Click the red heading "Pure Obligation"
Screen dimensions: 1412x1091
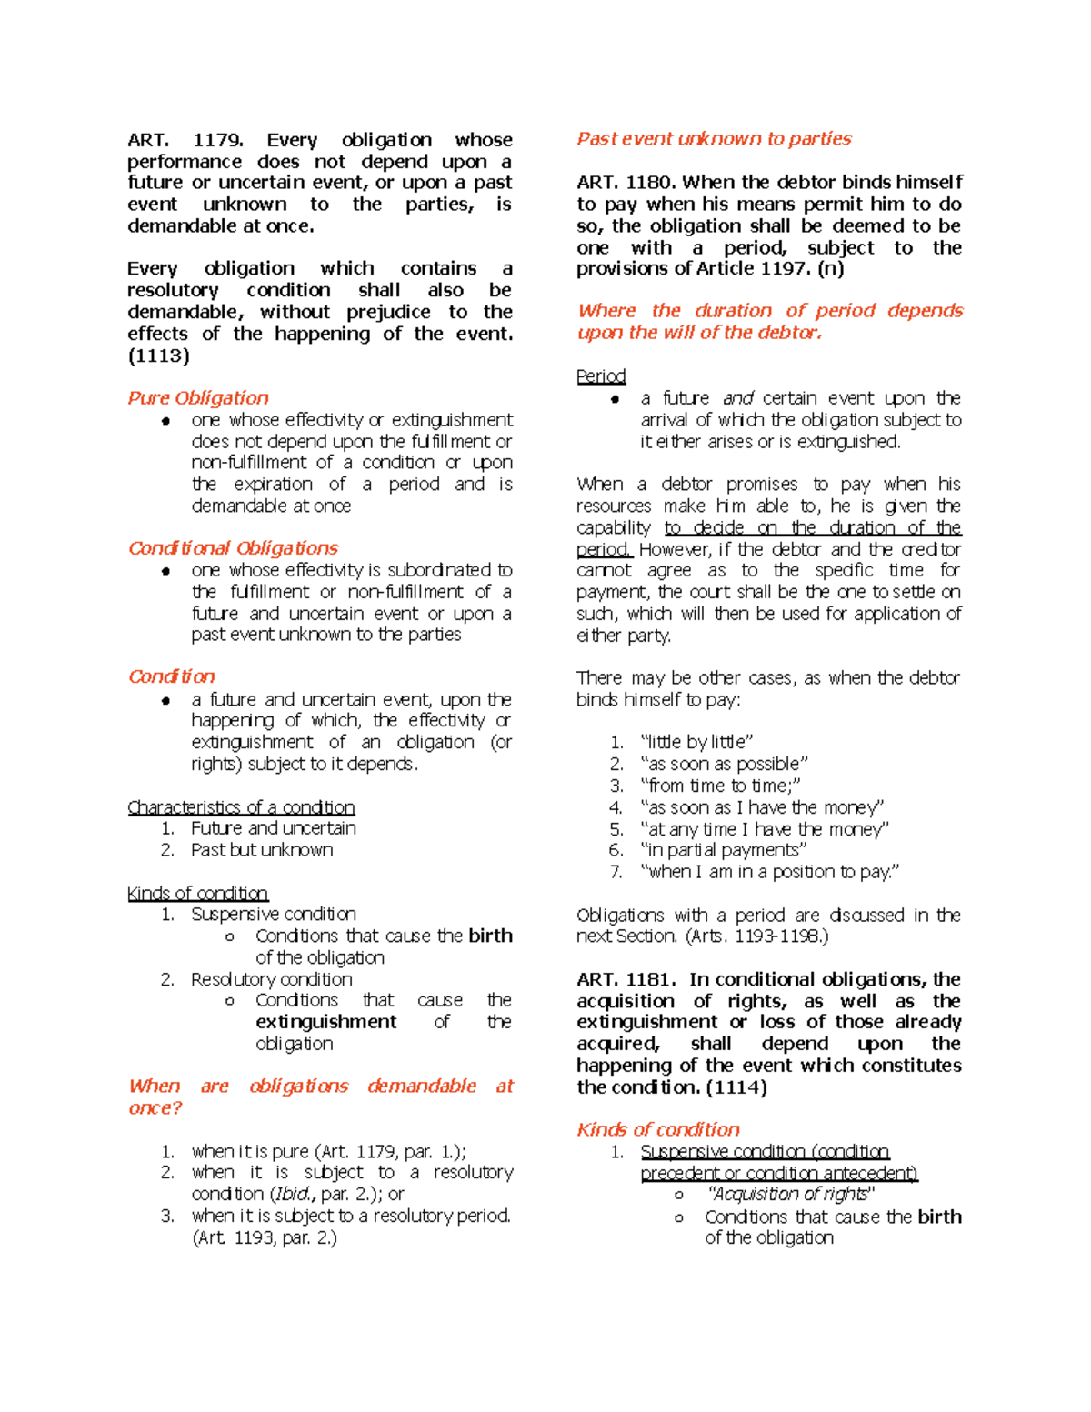click(198, 398)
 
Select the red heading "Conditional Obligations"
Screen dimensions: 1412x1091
click(233, 548)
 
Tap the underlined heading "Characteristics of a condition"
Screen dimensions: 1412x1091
click(241, 807)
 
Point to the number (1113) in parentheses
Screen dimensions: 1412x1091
click(158, 356)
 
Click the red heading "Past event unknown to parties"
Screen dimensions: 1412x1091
click(714, 139)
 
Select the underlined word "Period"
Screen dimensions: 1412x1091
click(601, 376)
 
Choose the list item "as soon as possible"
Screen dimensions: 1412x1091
click(724, 764)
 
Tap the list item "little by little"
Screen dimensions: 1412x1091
click(696, 742)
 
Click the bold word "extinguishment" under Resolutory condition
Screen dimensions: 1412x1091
click(325, 1022)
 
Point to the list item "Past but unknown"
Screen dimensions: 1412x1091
click(262, 850)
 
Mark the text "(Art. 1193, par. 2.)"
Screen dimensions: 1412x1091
click(265, 1237)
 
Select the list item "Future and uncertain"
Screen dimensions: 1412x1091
click(273, 828)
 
